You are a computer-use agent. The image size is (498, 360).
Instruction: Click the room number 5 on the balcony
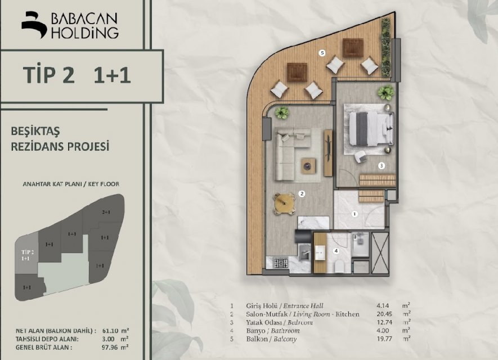point(322,53)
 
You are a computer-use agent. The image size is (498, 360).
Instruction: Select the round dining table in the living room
point(284,202)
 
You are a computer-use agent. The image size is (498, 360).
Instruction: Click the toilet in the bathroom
point(339,267)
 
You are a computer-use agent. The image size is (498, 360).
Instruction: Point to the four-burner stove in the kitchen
point(281,263)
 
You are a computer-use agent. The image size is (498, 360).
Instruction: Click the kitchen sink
point(305,253)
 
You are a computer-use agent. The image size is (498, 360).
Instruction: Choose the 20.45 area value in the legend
point(384,314)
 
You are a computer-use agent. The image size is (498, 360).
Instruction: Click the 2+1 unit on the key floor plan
point(106,212)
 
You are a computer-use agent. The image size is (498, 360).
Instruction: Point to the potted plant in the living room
point(282,112)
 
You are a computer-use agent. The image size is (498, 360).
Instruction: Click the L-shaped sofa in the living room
point(290,154)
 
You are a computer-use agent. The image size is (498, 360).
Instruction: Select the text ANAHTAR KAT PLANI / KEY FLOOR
point(71,184)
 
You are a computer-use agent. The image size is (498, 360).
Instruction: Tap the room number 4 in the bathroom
point(336,251)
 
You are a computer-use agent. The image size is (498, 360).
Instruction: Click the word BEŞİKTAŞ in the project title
point(35,131)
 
